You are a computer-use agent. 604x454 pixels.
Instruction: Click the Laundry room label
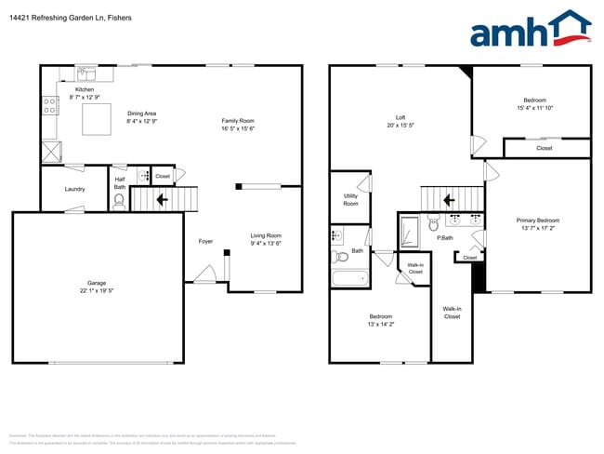click(74, 189)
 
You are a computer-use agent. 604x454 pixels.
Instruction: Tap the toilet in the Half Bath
click(119, 200)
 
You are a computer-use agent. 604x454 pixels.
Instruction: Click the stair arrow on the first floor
click(162, 198)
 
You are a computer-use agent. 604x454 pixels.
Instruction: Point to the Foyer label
click(205, 241)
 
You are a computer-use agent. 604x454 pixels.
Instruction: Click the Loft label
click(400, 117)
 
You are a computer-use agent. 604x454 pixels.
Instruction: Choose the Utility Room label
click(350, 200)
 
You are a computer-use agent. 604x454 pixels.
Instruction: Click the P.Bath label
click(445, 238)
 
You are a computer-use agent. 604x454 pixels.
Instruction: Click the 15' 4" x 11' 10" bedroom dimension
click(534, 107)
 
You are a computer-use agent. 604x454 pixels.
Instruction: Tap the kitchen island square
click(94, 120)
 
